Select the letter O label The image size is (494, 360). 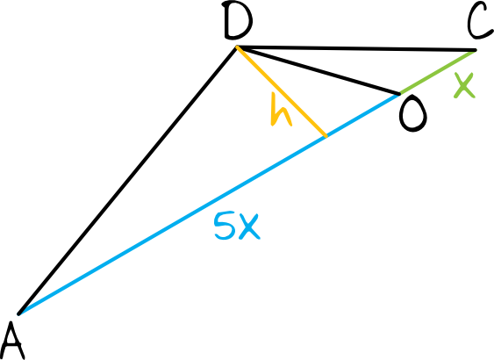[x=413, y=114]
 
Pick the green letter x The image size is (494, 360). [x=464, y=86]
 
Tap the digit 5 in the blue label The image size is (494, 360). [x=225, y=226]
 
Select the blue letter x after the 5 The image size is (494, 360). [x=249, y=227]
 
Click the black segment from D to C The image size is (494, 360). [x=356, y=48]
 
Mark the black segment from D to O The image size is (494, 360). [x=319, y=70]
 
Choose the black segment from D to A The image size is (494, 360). [x=127, y=181]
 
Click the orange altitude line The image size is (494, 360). [x=282, y=91]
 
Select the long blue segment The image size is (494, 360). [x=209, y=204]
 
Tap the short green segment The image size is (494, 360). [x=438, y=72]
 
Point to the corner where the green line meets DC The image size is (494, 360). [x=476, y=50]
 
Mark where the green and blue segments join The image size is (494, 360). [x=399, y=94]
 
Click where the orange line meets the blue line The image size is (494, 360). [x=326, y=136]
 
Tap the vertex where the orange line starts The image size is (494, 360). [x=237, y=47]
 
